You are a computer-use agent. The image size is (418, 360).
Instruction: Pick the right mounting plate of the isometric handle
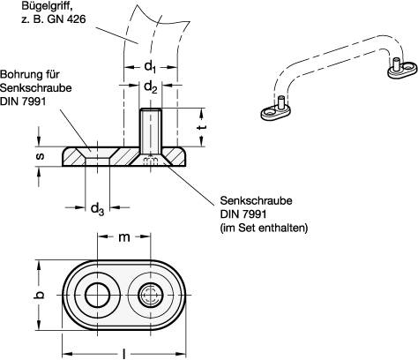[398, 68]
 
